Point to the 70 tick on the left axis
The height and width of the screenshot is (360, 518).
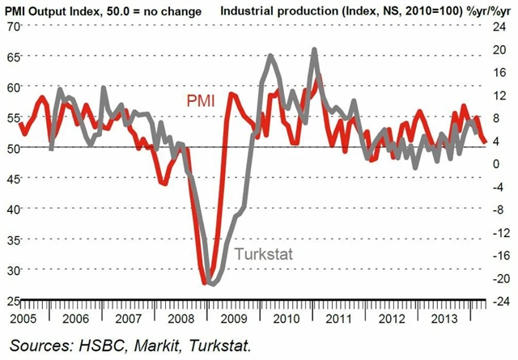[11, 26]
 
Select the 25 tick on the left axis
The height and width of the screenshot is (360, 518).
[11, 300]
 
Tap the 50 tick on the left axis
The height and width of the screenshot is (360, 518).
[11, 148]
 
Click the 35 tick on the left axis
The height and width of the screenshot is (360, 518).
[11, 239]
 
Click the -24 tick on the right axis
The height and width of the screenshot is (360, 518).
[501, 300]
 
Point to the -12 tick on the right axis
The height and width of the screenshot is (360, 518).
[501, 232]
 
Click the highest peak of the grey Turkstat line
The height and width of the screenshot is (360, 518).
[314, 50]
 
